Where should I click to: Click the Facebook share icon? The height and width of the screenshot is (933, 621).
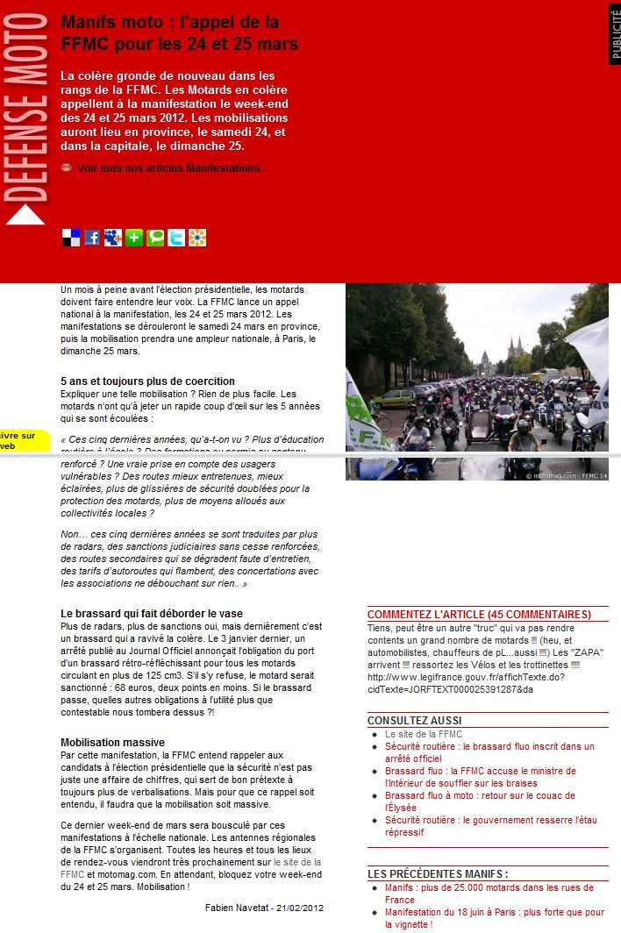(x=92, y=238)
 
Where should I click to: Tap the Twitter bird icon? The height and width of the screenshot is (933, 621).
(x=176, y=238)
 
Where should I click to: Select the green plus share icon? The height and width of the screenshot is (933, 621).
(x=134, y=238)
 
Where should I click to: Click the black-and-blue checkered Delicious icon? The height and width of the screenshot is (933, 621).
(x=71, y=238)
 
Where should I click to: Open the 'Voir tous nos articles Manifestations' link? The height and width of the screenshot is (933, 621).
(x=169, y=167)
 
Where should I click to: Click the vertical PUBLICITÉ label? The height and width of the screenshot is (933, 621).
(x=614, y=33)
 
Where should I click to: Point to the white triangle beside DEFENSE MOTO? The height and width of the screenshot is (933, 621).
(x=25, y=215)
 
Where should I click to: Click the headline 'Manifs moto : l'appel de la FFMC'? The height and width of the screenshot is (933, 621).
(x=179, y=32)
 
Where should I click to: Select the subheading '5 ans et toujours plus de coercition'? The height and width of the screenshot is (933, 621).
(x=147, y=381)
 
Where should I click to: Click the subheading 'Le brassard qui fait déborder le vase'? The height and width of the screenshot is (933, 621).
(x=152, y=614)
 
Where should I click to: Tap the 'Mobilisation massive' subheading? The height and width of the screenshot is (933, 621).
(x=112, y=743)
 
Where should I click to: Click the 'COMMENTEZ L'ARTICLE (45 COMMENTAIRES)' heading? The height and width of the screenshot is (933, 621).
(x=479, y=614)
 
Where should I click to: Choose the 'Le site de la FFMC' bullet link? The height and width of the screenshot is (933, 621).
(x=423, y=734)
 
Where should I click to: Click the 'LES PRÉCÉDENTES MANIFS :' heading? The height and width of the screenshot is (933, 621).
(x=438, y=873)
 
